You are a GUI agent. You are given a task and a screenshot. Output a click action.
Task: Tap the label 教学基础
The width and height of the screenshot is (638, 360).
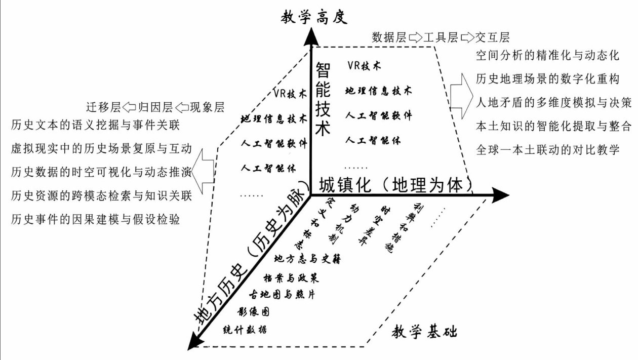pyautogui.click(x=424, y=332)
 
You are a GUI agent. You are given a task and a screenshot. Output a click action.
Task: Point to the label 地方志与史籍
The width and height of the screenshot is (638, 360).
pyautogui.click(x=307, y=258)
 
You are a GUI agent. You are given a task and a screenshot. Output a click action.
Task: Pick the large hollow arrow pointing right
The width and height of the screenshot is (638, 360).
pyautogui.click(x=463, y=97)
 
